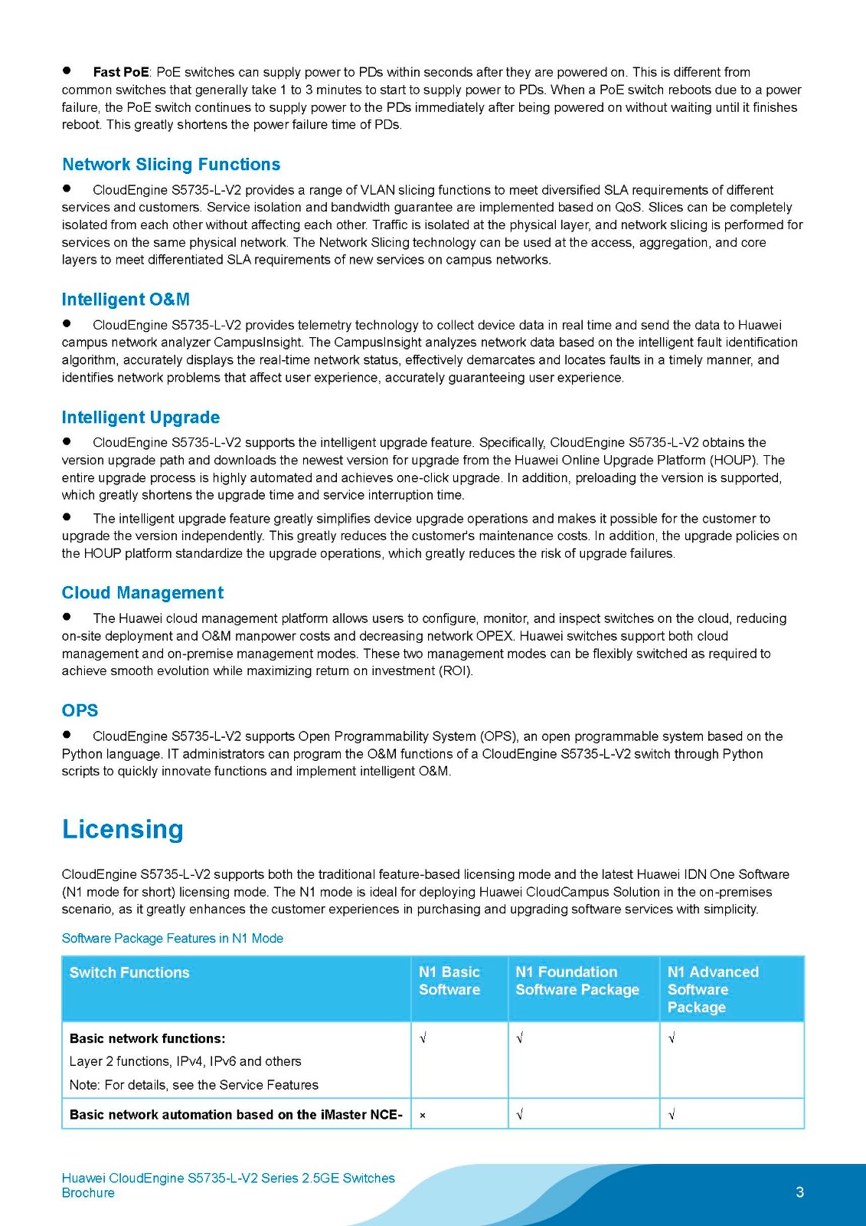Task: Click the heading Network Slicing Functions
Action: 171,165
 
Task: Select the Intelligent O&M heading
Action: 126,300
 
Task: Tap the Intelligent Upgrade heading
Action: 141,418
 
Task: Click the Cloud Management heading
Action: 142,593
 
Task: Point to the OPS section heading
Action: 80,710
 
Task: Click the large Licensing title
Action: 123,830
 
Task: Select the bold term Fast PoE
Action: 121,72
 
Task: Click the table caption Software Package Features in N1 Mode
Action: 172,939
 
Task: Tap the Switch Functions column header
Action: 129,972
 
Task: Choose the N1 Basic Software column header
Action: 449,981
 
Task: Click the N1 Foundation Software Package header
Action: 577,981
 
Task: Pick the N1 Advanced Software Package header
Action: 713,989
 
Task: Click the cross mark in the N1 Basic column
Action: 423,1116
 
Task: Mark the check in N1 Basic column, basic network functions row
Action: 423,1039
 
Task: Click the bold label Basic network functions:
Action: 147,1039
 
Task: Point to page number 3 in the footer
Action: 800,1192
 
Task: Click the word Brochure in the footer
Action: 88,1193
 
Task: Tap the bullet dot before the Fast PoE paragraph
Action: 67,70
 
